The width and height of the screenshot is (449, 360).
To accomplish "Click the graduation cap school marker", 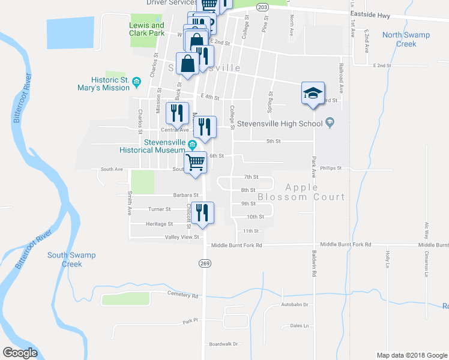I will pos(312,93).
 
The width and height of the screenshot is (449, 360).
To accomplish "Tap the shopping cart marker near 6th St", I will pos(196,162).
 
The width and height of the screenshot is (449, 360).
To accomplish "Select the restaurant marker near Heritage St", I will pos(202,213).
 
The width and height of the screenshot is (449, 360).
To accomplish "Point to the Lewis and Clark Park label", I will pos(146,29).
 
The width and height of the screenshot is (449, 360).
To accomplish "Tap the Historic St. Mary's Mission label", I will pos(110,83).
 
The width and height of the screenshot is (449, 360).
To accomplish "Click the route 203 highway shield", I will pos(262,7).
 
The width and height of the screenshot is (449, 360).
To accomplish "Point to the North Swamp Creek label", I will pos(406,39).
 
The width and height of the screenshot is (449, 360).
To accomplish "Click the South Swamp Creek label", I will pos(71,259).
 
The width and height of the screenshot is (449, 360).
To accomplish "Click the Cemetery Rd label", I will pos(182,295).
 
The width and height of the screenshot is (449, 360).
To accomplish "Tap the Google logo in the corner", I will pos(20,353).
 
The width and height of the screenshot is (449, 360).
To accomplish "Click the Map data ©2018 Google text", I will pos(412,355).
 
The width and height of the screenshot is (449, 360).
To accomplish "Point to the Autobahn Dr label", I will pos(294,305).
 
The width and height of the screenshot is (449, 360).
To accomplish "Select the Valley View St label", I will pos(182,237).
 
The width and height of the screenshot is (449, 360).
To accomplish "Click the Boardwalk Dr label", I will pos(223,344).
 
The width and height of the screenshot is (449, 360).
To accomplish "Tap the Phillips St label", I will pos(331,169).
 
